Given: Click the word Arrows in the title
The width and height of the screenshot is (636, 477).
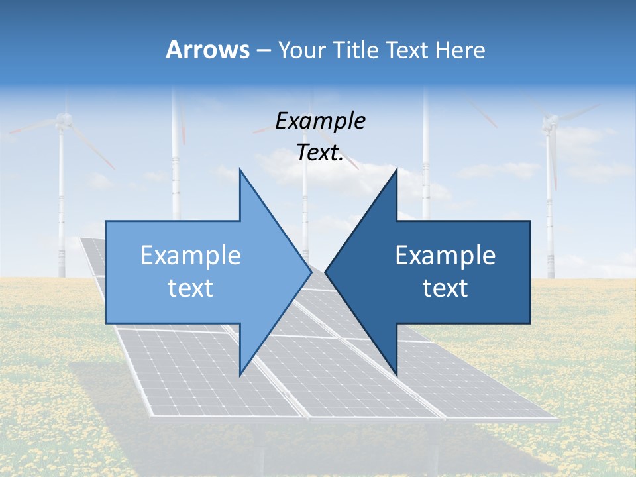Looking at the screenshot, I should (x=207, y=50).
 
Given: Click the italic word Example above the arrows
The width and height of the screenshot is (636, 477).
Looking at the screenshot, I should (x=320, y=121).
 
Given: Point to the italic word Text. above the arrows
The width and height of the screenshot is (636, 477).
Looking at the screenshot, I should (x=320, y=152).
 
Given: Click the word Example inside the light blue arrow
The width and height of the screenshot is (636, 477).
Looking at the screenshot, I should (x=191, y=255).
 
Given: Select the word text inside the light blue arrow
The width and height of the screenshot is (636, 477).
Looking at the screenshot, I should (x=191, y=288).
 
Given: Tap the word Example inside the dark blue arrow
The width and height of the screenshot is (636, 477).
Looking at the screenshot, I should (x=445, y=255).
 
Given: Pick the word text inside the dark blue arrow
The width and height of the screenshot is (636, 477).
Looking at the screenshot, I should (x=445, y=288).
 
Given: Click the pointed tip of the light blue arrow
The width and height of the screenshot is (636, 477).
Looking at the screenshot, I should (x=311, y=272).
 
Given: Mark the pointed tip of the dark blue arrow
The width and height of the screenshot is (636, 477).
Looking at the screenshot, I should (x=325, y=272).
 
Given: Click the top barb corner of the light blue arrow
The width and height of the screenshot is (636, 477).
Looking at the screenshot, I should (x=240, y=169).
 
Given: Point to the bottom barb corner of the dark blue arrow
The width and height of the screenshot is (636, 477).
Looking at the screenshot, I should (x=396, y=375).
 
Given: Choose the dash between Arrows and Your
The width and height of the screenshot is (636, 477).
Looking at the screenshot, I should (x=263, y=50).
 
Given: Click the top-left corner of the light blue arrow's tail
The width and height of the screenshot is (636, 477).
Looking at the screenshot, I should (x=106, y=221).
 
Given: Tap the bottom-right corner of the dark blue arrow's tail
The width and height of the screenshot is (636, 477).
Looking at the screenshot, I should (x=531, y=323).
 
